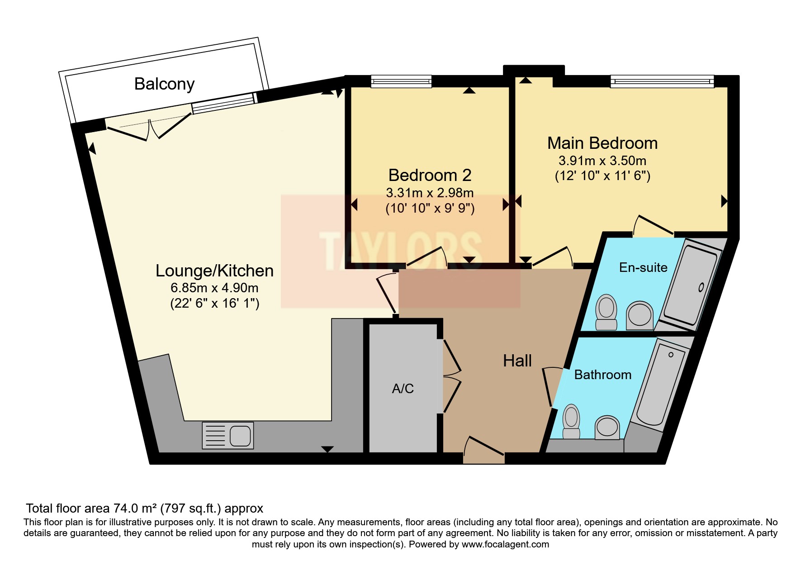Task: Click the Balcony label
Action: tap(164, 84)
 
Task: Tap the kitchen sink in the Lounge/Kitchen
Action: tap(228, 435)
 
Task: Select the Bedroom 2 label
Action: tap(430, 175)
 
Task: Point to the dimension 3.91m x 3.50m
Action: tap(602, 161)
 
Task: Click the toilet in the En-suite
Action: tap(606, 312)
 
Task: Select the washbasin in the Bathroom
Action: tap(607, 427)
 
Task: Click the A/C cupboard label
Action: tap(403, 389)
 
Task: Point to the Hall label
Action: tap(517, 361)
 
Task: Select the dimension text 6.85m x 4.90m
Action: tap(214, 288)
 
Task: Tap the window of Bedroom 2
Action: tap(401, 81)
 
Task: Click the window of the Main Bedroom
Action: tap(662, 81)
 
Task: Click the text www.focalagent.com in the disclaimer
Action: tap(505, 544)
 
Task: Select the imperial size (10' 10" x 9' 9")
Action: tap(430, 208)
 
